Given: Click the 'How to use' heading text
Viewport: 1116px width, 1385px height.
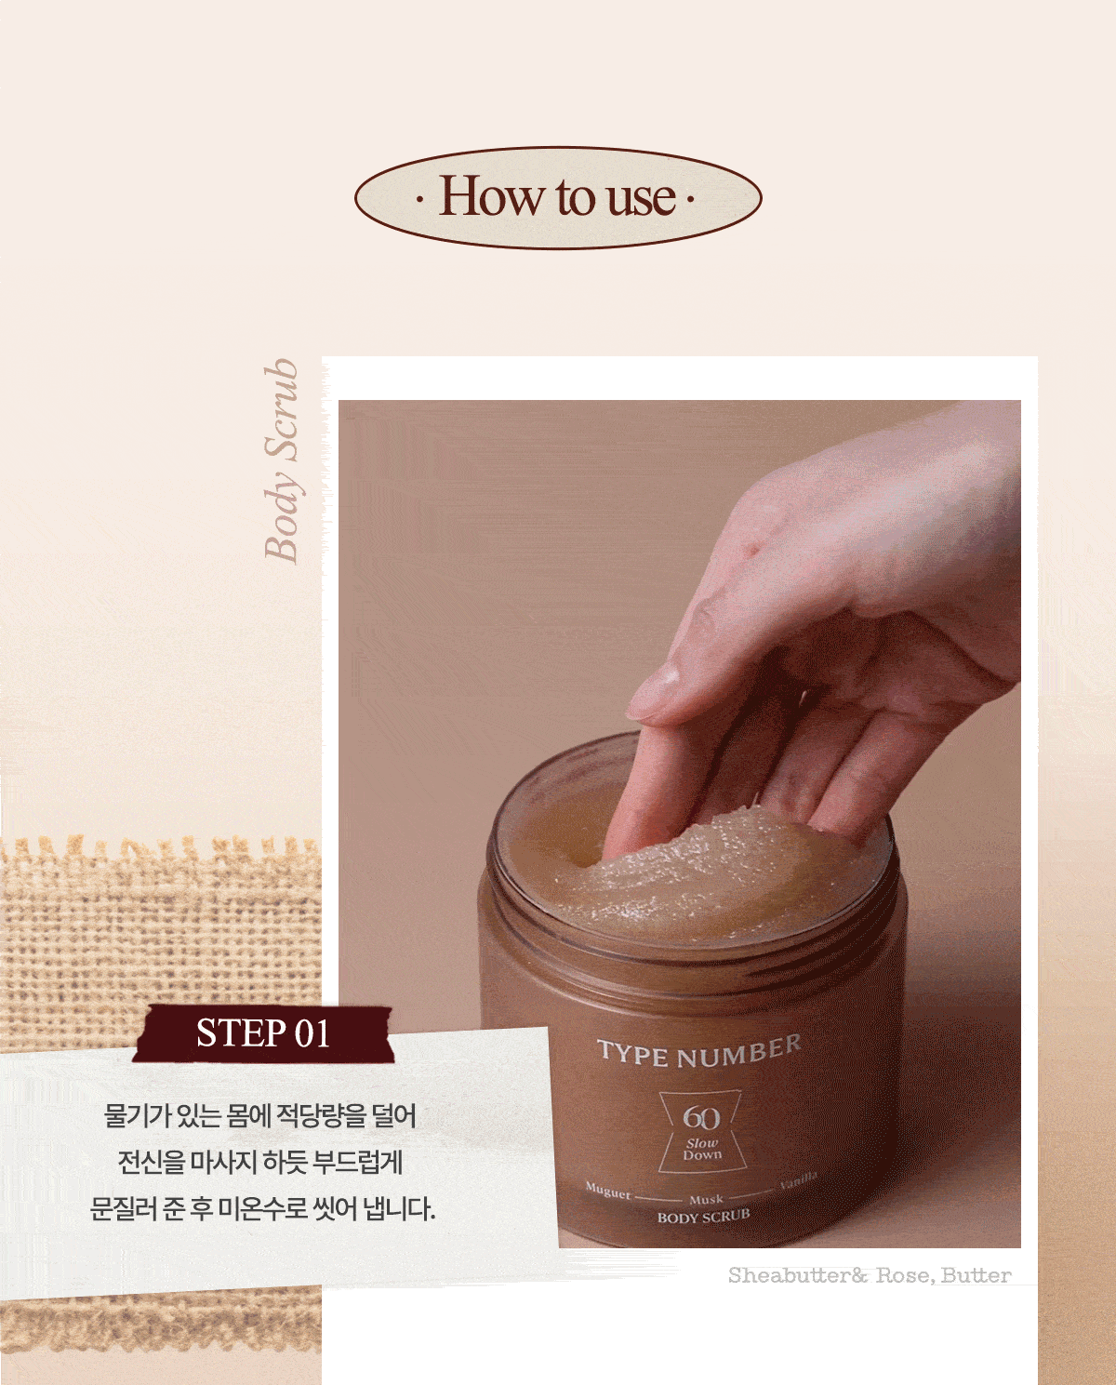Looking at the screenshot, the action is [557, 196].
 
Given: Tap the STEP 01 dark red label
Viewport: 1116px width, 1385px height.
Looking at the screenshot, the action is [263, 1033].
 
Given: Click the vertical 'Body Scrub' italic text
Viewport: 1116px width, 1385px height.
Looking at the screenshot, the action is [281, 460].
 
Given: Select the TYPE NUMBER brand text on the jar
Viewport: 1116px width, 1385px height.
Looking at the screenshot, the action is [699, 1053].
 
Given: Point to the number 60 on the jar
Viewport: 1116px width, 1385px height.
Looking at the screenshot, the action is [701, 1117].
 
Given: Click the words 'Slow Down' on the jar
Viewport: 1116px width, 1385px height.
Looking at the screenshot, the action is [701, 1150].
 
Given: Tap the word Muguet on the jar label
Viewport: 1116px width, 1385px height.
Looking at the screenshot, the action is [608, 1192].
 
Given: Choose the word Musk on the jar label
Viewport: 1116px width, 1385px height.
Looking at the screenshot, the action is [706, 1200].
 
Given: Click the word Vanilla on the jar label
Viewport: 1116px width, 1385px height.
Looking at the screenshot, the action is [798, 1181].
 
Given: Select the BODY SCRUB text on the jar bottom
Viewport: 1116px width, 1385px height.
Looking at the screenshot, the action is [703, 1217].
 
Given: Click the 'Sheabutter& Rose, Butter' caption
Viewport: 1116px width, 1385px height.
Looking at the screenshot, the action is [870, 1275].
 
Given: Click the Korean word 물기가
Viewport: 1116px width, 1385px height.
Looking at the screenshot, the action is [136, 1115].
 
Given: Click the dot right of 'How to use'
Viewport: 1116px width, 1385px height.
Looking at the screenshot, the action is [690, 199].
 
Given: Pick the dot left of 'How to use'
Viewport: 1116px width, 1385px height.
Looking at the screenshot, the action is [420, 199].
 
